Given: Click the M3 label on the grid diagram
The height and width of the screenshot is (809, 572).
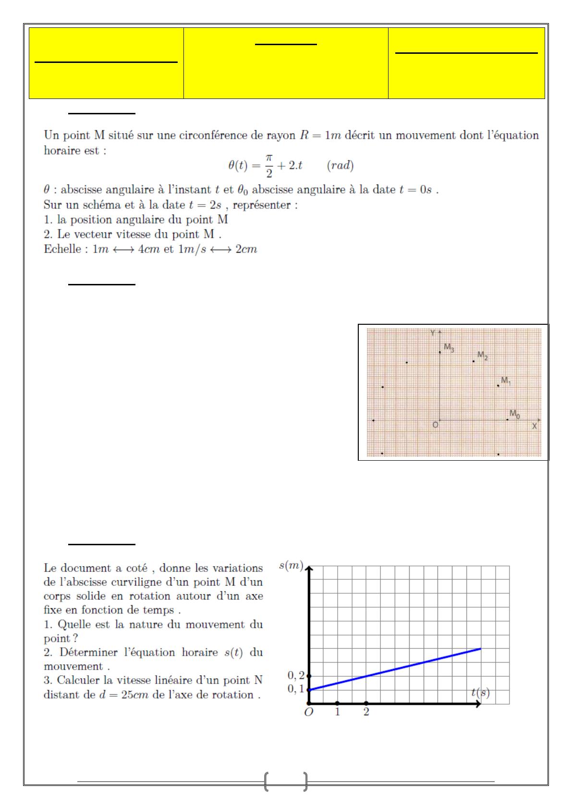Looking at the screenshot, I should coord(449,347).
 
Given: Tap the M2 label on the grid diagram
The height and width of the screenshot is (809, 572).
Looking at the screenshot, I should coord(483,355).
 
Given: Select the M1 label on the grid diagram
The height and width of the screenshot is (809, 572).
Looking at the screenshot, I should coord(506,380).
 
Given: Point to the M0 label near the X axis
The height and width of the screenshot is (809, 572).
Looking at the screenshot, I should coord(514,414).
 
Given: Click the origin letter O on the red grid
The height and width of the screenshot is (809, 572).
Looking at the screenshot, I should coord(435,425).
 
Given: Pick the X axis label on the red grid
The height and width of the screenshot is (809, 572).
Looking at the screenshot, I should coord(535,426).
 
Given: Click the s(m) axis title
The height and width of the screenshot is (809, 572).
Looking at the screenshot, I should coord(291,566).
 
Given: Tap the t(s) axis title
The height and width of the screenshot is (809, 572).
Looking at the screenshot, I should coord(480,692).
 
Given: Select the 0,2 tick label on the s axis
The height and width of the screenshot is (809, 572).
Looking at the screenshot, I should coord(296,675).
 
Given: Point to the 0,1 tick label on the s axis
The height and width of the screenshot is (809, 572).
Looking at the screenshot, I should coord(296,689).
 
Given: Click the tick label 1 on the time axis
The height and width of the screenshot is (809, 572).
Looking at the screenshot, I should coord(338,712).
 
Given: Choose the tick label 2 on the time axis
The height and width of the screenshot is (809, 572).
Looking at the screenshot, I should coord(366,712).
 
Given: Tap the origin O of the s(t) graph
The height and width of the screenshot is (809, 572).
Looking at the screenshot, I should coord(309,712).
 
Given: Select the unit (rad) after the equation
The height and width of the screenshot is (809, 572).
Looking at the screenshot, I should coord(340,166).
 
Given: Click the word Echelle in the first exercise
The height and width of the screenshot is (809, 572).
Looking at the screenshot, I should coord(62,249).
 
